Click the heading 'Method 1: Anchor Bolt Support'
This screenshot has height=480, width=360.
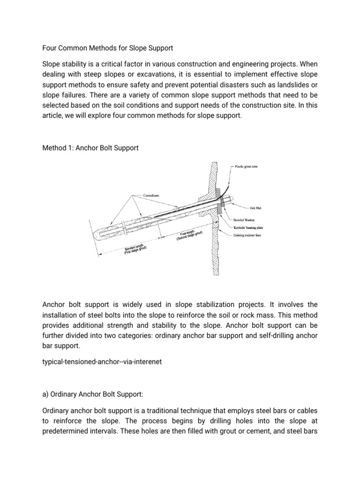[x=90, y=148]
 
